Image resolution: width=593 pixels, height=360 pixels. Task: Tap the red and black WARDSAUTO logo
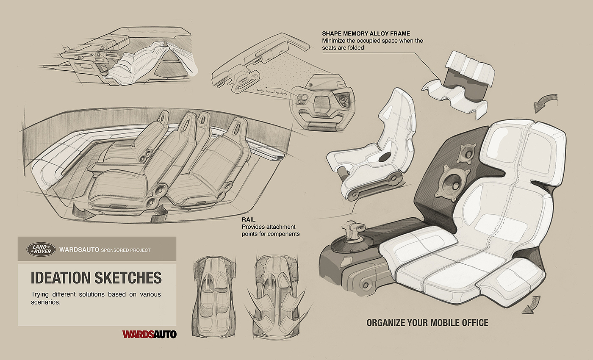point(149,334)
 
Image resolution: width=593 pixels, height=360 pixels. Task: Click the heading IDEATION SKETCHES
point(96,277)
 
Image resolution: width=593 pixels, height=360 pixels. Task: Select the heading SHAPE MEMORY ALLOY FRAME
point(366,33)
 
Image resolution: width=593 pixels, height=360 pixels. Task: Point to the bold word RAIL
point(248,220)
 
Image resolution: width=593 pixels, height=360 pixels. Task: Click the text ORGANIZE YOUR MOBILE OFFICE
point(427,323)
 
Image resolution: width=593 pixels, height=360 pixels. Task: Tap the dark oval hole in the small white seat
point(385,157)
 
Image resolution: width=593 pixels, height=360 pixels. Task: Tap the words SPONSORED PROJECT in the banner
point(125,250)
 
